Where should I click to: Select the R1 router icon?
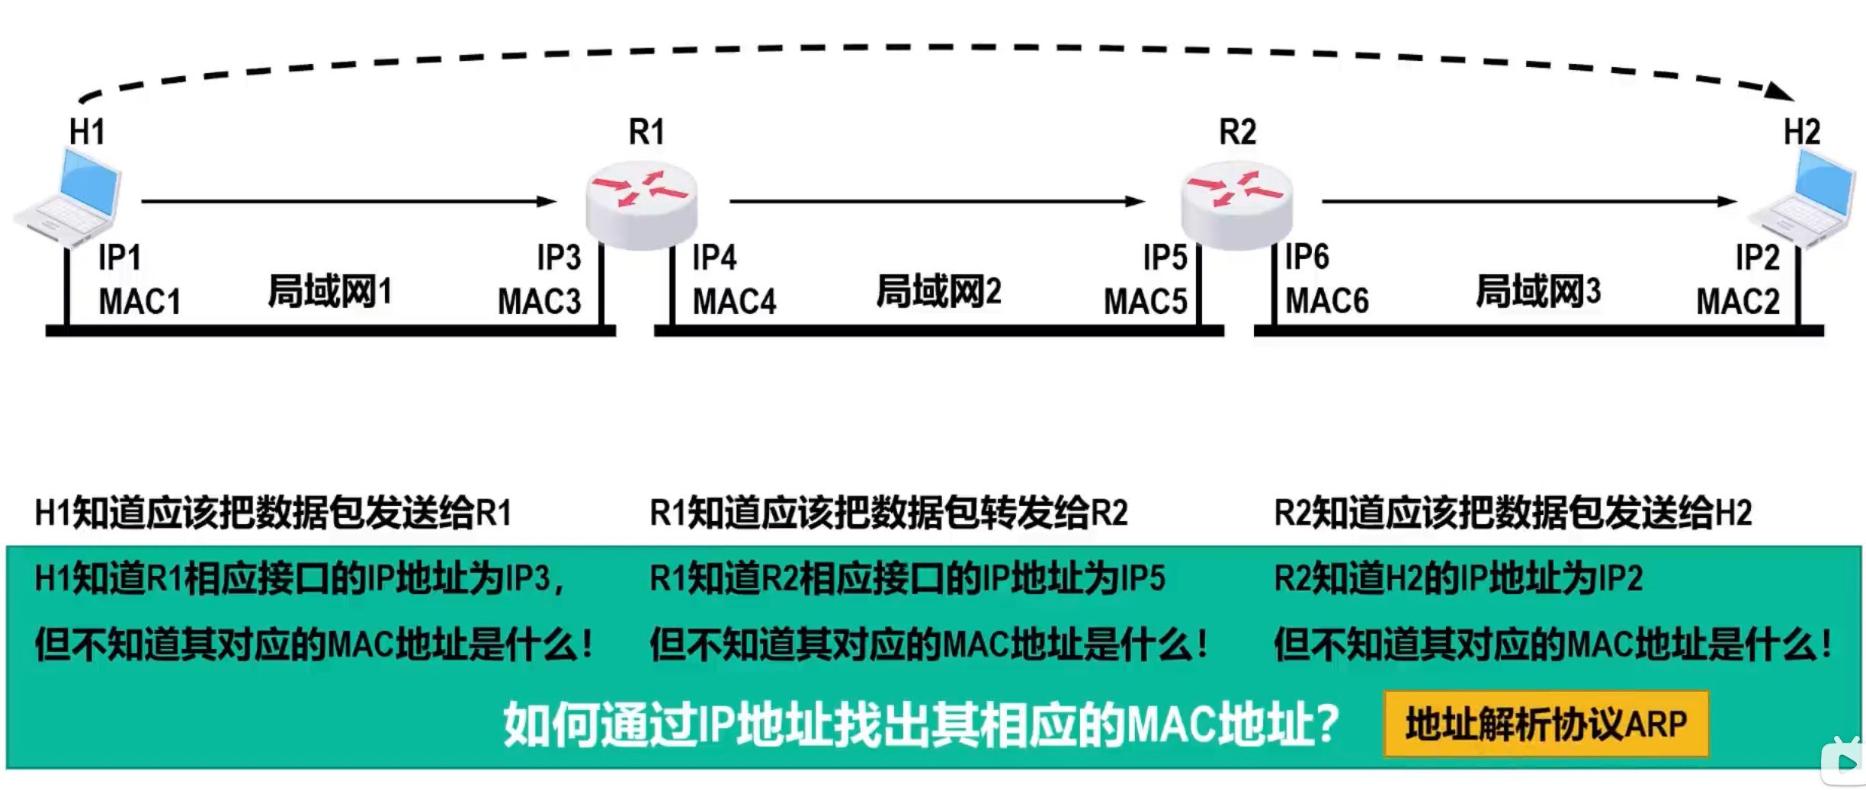coord(642,204)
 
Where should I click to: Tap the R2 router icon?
coord(1236,204)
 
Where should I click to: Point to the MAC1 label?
coord(139,302)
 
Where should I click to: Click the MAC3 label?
coord(539,302)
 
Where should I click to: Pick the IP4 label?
coord(714,257)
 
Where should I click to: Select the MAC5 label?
coord(1145,302)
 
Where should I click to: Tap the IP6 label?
coord(1307,257)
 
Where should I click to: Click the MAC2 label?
coord(1737,302)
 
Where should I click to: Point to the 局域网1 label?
coord(329,292)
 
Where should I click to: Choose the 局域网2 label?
coord(938,292)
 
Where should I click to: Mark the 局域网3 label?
coord(1538,292)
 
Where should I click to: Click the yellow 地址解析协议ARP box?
coord(1546,724)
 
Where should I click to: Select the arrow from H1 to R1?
coord(348,201)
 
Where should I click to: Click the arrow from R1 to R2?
coord(937,201)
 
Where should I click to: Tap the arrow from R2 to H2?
coord(1528,201)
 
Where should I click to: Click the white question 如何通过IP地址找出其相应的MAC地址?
coord(921,724)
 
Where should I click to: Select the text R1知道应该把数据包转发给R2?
coord(888,513)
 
